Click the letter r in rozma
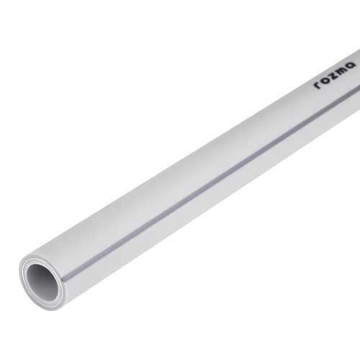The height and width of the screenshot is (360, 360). [318, 85]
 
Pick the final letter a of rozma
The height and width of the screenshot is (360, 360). [351, 65]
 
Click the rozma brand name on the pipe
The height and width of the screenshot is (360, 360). [335, 75]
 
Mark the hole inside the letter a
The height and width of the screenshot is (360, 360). [351, 66]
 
